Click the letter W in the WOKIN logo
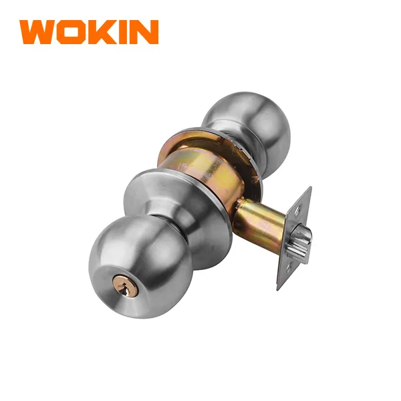[x=38, y=32]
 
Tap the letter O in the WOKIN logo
[x=71, y=32]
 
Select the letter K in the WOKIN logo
[x=102, y=32]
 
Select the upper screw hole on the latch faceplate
[x=297, y=211]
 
